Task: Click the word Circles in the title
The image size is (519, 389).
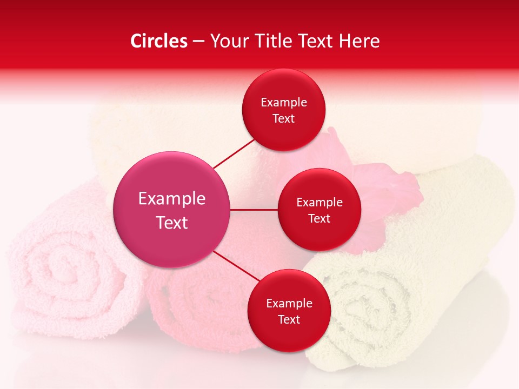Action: [x=158, y=41]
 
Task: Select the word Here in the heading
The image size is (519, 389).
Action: [x=359, y=41]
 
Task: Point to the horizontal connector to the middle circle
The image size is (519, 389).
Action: [x=254, y=210]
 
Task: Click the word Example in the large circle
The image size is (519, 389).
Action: [x=171, y=199]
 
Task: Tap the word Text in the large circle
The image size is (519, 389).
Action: [x=171, y=223]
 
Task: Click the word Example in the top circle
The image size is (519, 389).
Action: [x=283, y=102]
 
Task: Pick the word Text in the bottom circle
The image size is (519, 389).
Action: [x=289, y=319]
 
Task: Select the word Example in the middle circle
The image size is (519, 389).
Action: [x=320, y=202]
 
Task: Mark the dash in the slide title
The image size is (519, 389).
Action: [x=198, y=41]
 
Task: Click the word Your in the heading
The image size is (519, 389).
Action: [x=227, y=41]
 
